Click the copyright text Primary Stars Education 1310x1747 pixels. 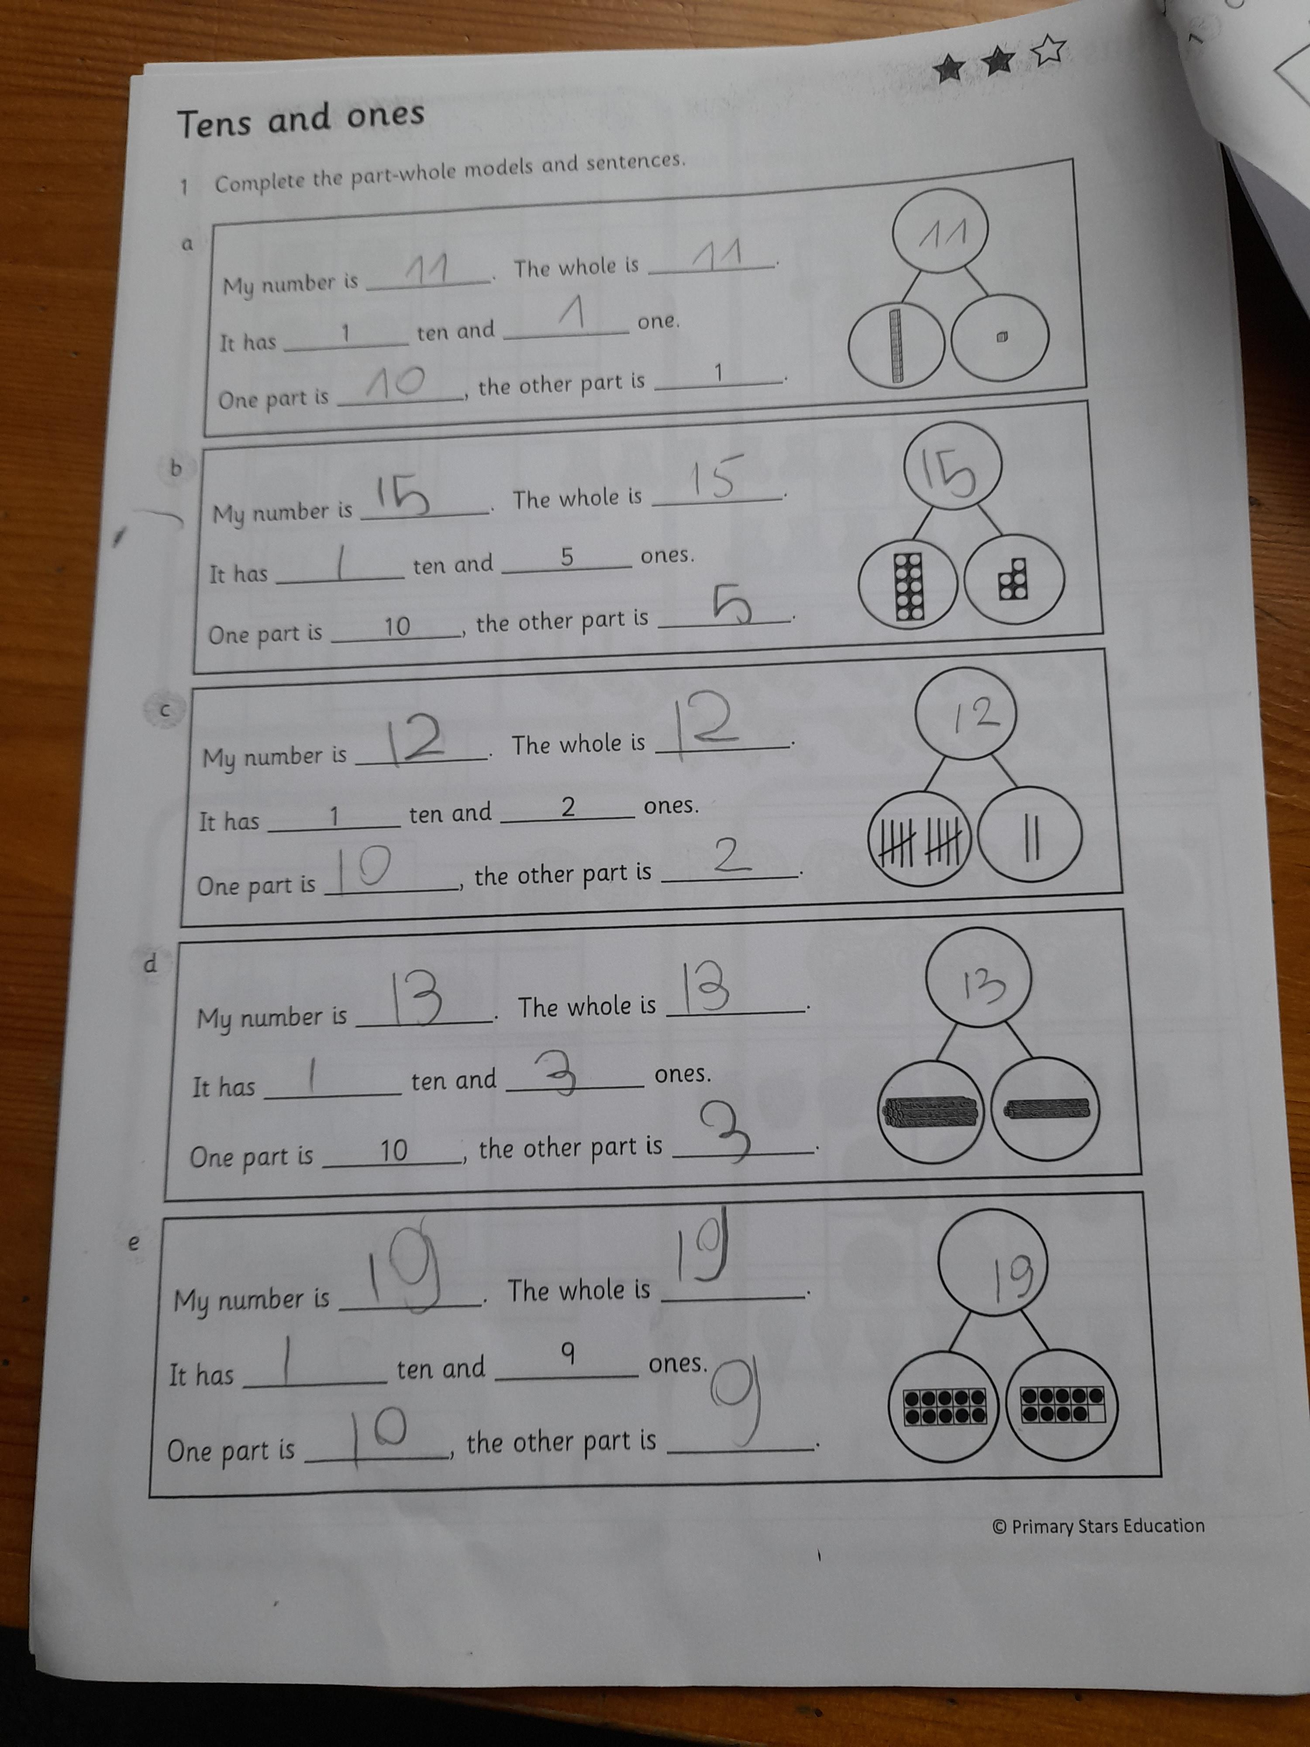1098,1526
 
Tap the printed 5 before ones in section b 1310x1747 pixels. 567,557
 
